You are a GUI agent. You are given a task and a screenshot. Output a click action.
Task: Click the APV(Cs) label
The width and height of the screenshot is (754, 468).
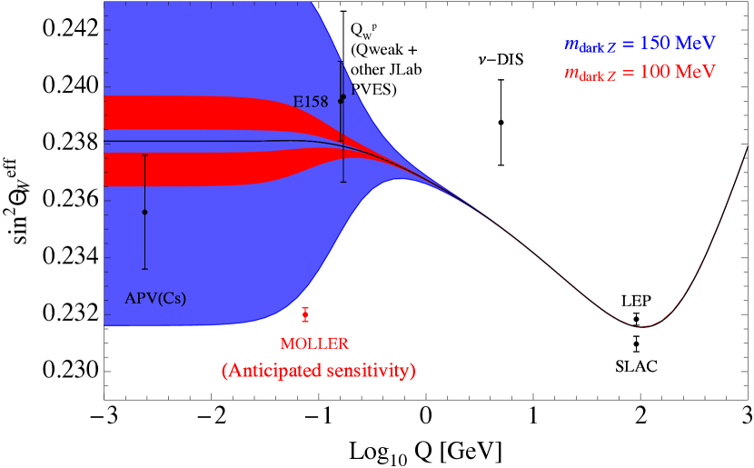[x=155, y=297]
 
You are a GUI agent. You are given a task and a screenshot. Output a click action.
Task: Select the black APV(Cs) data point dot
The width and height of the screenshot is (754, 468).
[x=144, y=212]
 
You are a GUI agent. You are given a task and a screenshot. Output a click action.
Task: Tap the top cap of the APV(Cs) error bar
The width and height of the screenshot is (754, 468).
[x=144, y=154]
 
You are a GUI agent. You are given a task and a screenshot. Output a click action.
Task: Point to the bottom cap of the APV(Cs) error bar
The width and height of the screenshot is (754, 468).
[x=144, y=269]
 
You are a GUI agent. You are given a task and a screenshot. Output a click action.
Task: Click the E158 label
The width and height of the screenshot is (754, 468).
[x=310, y=102]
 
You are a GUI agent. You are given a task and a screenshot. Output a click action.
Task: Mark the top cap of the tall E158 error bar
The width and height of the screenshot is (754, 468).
[x=341, y=62]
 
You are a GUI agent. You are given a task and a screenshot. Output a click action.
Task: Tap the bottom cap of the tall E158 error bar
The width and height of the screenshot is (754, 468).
[x=342, y=182]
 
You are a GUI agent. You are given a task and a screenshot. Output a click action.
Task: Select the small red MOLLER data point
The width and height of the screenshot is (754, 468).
[x=306, y=314]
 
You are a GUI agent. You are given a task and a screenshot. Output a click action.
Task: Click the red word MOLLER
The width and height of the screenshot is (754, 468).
[x=314, y=344]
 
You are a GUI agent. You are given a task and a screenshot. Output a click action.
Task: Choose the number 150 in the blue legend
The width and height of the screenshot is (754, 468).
[x=655, y=43]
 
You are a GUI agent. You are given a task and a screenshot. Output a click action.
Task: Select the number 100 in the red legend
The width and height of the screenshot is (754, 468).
[x=655, y=71]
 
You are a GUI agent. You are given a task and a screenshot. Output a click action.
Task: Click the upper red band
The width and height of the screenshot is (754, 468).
[x=182, y=113]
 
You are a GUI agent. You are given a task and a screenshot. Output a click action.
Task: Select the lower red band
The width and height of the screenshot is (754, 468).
[x=182, y=168]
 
